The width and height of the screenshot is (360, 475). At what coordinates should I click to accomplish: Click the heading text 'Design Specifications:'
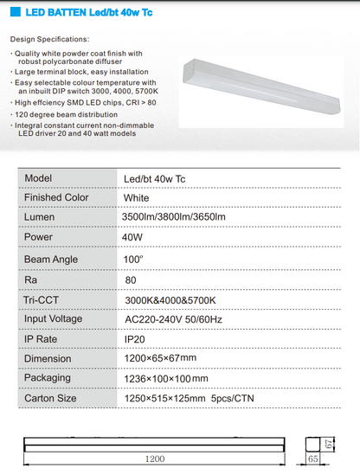pyautogui.click(x=50, y=40)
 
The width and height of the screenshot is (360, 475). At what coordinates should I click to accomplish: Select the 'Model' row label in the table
pyautogui.click(x=39, y=177)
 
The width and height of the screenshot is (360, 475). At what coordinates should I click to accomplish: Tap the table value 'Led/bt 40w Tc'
pyautogui.click(x=154, y=178)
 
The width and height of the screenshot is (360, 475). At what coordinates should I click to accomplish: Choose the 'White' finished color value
pyautogui.click(x=137, y=197)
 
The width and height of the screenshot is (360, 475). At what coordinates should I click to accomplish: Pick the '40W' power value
pyautogui.click(x=133, y=236)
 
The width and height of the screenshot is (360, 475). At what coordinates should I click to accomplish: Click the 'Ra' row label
pyautogui.click(x=31, y=279)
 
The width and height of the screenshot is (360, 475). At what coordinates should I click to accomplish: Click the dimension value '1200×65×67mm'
pyautogui.click(x=160, y=358)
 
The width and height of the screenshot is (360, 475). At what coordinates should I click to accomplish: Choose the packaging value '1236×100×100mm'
pyautogui.click(x=166, y=378)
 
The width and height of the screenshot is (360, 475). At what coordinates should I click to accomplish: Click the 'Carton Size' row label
pyautogui.click(x=50, y=398)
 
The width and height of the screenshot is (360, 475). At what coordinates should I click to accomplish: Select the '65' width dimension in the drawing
pyautogui.click(x=311, y=460)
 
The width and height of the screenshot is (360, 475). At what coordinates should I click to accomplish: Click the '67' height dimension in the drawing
pyautogui.click(x=331, y=443)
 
